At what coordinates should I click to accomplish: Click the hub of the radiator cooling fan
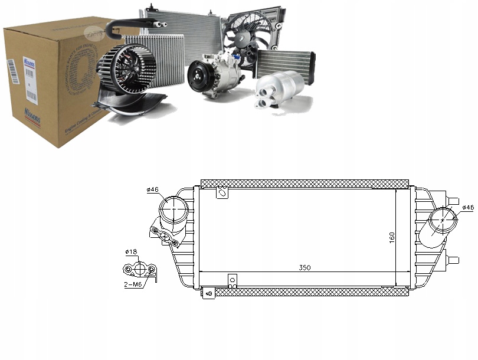coord(247,37)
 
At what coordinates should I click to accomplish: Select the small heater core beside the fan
coord(286,62)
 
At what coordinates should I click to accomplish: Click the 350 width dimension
coord(305,267)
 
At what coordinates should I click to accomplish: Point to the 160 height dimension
coord(391,238)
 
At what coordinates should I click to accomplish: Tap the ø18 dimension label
coord(131,252)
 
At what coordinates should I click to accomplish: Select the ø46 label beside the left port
coord(152,189)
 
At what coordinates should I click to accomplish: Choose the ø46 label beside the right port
coord(467,208)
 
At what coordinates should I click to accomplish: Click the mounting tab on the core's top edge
coord(222,192)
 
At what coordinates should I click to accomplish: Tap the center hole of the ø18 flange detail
coord(139,270)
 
